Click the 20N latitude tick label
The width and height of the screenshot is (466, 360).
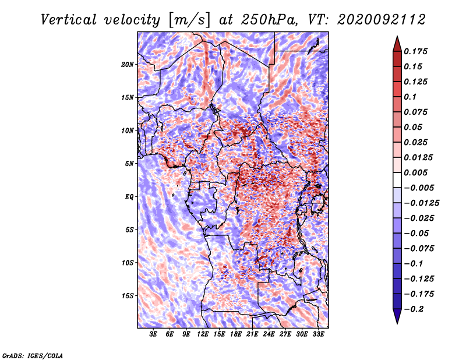click(128, 64)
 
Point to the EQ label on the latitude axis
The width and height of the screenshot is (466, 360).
click(129, 196)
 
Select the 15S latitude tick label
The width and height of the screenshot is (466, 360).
click(128, 296)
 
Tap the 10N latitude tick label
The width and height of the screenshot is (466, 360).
click(128, 130)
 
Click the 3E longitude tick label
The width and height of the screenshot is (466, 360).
click(153, 334)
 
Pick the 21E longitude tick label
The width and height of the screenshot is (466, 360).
click(252, 334)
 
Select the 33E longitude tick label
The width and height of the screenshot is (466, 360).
click(318, 334)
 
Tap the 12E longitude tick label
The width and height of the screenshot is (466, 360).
click(202, 334)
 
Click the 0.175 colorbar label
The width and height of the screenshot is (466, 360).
click(415, 51)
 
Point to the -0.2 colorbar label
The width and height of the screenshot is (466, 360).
click(414, 309)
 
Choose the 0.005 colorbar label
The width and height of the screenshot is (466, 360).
click(415, 172)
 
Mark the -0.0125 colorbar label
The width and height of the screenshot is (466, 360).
click(421, 203)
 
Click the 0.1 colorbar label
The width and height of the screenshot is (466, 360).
click(410, 97)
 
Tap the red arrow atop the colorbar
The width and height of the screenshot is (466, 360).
click(397, 44)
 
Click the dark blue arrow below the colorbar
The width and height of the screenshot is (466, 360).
click(397, 316)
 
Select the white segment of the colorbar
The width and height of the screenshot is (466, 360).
click(397, 180)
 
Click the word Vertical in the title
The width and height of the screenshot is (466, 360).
click(69, 20)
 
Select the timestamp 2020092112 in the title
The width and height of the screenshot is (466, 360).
click(382, 20)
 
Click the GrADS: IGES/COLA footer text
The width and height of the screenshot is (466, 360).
click(33, 356)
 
